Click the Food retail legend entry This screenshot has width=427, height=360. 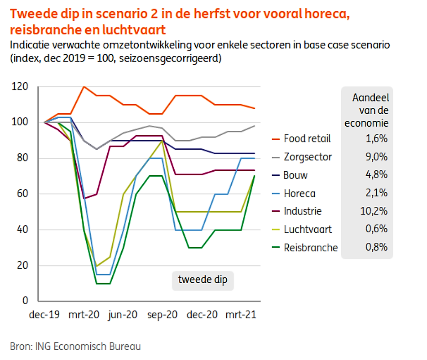[307, 138]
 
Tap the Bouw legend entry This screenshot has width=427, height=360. [295, 175]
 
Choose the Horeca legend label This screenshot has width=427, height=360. [299, 194]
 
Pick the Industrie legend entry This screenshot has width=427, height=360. [303, 211]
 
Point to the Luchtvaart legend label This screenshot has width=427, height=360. [308, 230]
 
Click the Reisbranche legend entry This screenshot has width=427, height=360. [310, 248]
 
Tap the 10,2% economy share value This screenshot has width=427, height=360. [375, 211]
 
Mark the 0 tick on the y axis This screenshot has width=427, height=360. [26, 301]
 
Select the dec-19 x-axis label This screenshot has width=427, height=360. [44, 315]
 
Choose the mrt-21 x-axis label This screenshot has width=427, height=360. [240, 315]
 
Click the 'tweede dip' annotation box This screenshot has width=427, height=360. [202, 280]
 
